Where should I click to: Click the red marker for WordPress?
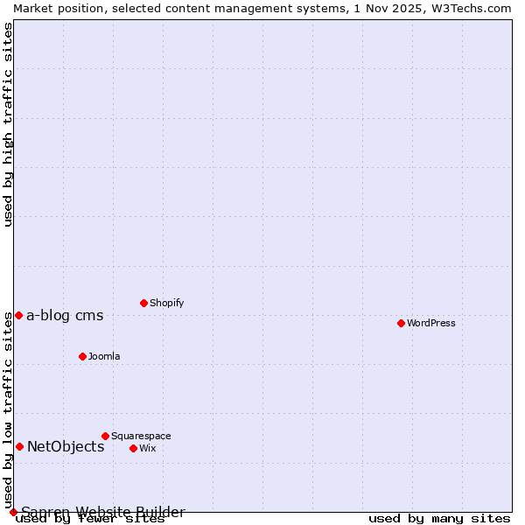pos(401,323)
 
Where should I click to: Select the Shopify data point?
pos(143,303)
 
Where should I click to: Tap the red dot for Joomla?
pos(82,356)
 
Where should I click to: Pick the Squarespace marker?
pos(105,436)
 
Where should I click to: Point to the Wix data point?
pos(133,448)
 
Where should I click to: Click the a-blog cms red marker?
pos(18,315)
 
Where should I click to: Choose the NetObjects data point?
pos(19,446)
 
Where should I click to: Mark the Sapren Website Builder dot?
pos(13,512)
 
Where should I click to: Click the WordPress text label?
pos(431,323)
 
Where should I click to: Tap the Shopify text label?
pos(166,303)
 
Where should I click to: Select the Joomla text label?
pos(104,356)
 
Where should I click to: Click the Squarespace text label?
pos(141,436)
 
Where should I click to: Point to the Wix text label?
pos(147,448)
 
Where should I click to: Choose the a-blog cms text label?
pos(65,316)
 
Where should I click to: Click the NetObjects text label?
pos(66,447)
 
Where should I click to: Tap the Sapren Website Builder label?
pos(103,512)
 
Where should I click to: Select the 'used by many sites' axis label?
pos(439,518)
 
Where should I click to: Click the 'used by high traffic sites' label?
pos(8,124)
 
